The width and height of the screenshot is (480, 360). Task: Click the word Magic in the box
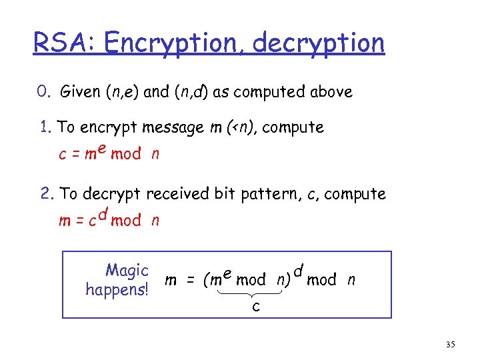click(127, 271)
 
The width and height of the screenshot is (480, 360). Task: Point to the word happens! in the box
click(117, 289)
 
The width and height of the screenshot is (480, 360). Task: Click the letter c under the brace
click(256, 307)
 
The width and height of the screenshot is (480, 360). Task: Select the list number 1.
click(45, 127)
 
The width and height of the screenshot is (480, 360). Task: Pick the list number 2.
click(45, 194)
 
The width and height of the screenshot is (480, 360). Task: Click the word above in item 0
click(331, 92)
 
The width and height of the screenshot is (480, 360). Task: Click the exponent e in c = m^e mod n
click(103, 148)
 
